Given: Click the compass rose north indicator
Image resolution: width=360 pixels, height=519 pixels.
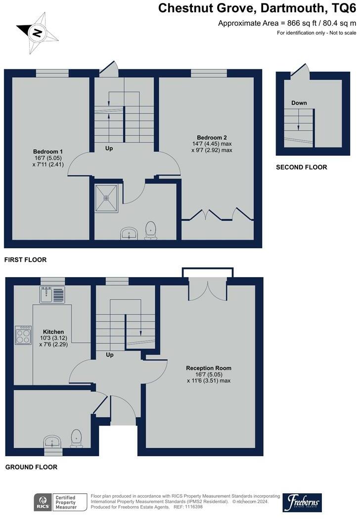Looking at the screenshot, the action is click(37, 33).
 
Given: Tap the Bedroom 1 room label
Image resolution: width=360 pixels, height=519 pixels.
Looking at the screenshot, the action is click(48, 152).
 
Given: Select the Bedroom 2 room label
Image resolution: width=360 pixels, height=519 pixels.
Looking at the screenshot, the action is click(212, 138).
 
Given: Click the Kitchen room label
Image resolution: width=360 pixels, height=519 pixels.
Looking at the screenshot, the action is click(53, 331).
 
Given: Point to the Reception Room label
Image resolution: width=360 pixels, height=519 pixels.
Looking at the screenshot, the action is click(209, 368).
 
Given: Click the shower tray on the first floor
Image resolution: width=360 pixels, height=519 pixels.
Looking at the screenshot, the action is click(106, 198).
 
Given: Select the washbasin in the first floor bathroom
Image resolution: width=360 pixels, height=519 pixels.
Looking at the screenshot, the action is click(129, 233).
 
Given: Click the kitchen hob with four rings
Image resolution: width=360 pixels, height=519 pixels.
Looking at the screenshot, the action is click(23, 335).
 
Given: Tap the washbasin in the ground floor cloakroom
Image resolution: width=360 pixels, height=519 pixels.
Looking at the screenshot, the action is click(52, 442).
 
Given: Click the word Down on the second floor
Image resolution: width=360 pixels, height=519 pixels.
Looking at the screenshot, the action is click(299, 103).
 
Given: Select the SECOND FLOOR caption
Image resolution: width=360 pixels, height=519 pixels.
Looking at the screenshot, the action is click(302, 167).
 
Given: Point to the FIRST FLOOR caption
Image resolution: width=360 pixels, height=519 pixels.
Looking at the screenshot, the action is click(26, 260).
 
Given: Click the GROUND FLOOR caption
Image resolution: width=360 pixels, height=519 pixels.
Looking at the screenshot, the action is click(32, 467).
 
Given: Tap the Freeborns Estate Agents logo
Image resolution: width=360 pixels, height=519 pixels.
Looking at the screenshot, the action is click(302, 503).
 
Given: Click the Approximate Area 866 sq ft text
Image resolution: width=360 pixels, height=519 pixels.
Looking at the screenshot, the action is click(287, 23).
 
